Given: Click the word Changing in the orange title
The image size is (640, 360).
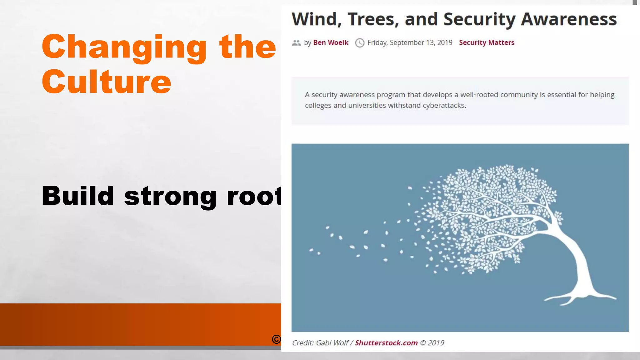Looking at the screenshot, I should (x=124, y=47).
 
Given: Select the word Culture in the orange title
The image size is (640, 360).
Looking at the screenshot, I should (x=107, y=82).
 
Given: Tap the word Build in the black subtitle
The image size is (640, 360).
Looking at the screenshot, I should (x=78, y=196).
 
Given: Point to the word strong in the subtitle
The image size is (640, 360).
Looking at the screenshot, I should (x=170, y=196).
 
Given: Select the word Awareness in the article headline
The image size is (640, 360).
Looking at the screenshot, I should (x=569, y=19).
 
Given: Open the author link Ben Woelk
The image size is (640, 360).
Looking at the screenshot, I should (x=331, y=42).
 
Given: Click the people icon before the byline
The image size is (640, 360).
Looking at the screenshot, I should (x=296, y=43).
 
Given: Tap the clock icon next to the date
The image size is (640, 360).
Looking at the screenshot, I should (x=360, y=43).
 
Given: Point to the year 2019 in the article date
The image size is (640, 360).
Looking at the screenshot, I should (x=445, y=42).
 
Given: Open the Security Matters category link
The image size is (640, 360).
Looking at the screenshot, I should (x=487, y=42).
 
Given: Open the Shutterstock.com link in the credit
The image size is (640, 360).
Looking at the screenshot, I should (x=386, y=343).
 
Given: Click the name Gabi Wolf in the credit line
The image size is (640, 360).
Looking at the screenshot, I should (x=332, y=343).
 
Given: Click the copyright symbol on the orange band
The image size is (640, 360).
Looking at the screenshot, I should (x=276, y=339).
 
